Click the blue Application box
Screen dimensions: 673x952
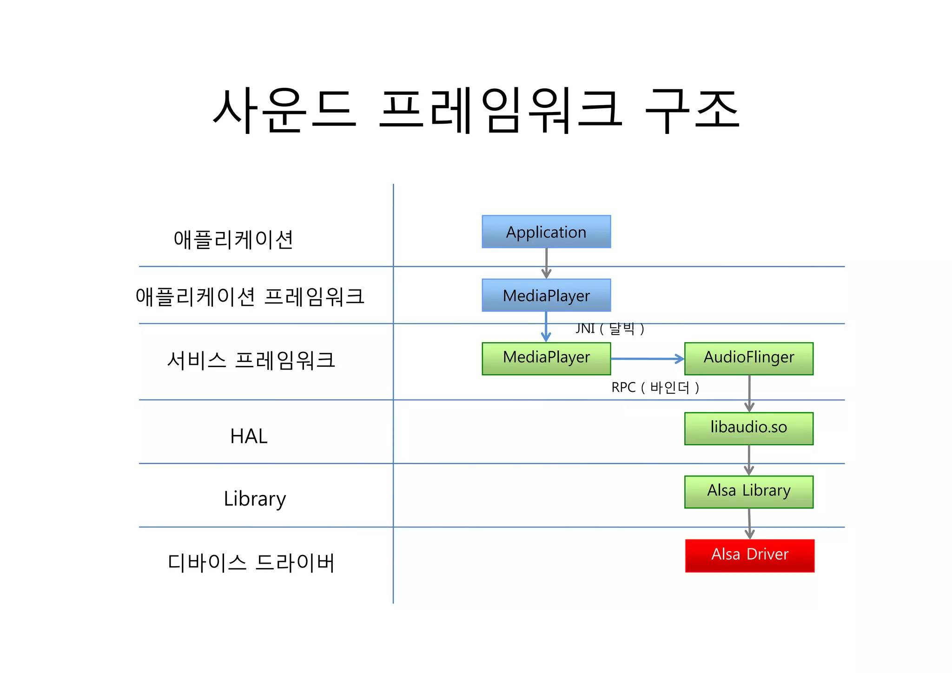[546, 231]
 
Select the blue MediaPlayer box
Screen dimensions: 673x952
[546, 295]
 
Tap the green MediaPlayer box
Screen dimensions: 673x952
[546, 358]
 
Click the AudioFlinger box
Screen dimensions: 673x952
[749, 358]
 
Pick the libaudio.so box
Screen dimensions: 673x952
[749, 428]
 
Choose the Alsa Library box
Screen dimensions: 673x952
[749, 492]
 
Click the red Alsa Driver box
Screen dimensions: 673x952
[750, 555]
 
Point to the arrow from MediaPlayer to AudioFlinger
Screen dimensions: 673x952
[647, 359]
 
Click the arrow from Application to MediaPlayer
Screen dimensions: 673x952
[546, 263]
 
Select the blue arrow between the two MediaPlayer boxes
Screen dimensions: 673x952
[546, 327]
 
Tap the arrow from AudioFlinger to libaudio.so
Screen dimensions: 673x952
[749, 393]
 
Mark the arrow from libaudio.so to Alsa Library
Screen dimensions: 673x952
[749, 460]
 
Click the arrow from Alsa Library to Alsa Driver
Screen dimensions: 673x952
[749, 524]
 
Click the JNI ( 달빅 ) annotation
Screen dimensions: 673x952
[610, 329]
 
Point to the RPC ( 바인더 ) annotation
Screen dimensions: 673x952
[655, 387]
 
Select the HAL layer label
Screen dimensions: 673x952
[249, 436]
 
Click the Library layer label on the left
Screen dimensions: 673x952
[255, 499]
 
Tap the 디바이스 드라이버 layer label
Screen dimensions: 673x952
[251, 562]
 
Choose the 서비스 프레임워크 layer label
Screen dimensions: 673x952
[251, 360]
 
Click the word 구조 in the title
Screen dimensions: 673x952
[693, 110]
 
